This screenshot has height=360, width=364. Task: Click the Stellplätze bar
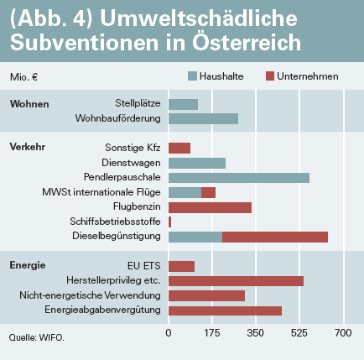pos(183,104)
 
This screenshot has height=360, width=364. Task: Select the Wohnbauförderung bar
pos(203,118)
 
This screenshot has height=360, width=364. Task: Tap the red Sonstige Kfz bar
pos(179,148)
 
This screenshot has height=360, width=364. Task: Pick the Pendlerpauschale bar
pos(239,178)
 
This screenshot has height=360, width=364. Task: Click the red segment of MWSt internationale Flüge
pos(208,193)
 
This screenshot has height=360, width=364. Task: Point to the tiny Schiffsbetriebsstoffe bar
pos(170,222)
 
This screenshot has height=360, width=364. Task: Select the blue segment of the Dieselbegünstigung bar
pos(195,237)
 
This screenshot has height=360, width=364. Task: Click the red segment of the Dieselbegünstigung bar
pos(275,237)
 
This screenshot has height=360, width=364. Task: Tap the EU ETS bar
pos(181,266)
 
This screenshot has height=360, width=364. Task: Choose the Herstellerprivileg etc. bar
pos(236,281)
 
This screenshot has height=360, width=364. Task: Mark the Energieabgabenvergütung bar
pos(225,310)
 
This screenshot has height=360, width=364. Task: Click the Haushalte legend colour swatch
pos(192,76)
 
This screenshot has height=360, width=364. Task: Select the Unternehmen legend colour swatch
pos(270,76)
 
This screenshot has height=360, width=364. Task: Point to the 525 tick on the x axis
pos(299,333)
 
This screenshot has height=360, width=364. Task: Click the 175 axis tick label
pos(212,333)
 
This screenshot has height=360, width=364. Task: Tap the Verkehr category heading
pos(28,147)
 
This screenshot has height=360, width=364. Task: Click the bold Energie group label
pos(28,265)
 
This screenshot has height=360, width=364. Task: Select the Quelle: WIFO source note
pos(37,337)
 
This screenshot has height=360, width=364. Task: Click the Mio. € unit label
pos(23,77)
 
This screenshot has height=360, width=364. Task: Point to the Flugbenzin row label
pos(137,206)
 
